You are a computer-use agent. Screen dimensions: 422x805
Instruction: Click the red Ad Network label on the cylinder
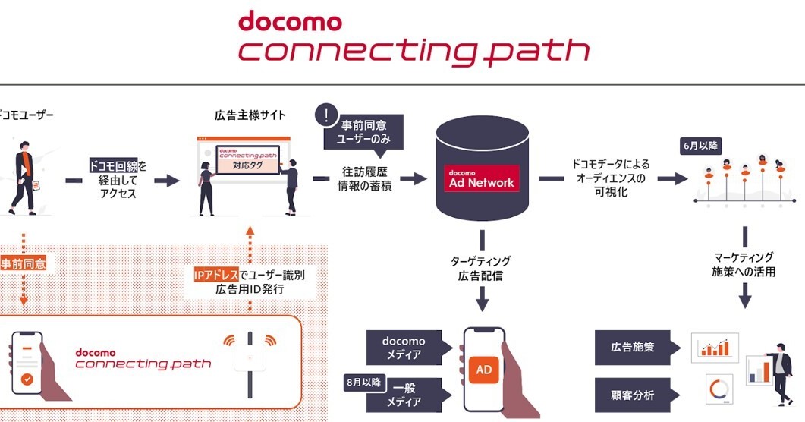coord(482,178)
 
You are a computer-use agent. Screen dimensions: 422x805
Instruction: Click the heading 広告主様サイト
coord(250,115)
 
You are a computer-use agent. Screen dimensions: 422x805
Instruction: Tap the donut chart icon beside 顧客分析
coord(717,390)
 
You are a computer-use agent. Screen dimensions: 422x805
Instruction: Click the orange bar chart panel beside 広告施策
coord(714,348)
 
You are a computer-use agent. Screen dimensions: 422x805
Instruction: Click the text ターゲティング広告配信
coord(480,267)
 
